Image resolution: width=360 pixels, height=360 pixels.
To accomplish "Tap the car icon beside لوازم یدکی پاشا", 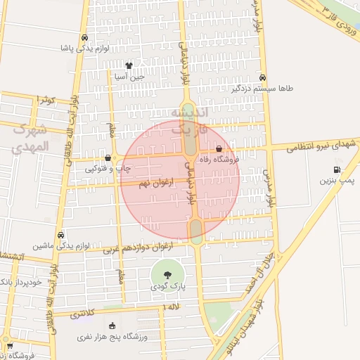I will pyautogui.click(x=84, y=37).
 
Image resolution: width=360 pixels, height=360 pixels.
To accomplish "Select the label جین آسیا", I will pyautogui.click(x=130, y=75).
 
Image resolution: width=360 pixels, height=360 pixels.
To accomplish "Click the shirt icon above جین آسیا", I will pyautogui.click(x=129, y=65).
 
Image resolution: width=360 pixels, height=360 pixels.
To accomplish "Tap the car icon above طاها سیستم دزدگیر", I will pyautogui.click(x=262, y=78).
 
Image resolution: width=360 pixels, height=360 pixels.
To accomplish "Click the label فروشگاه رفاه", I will pyautogui.click(x=219, y=160).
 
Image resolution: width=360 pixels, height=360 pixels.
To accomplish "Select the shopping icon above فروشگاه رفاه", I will pyautogui.click(x=219, y=149).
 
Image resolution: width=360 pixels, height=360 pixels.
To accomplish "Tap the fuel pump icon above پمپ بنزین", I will pyautogui.click(x=337, y=169).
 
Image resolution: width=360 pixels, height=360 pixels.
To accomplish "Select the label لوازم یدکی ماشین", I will pyautogui.click(x=62, y=246).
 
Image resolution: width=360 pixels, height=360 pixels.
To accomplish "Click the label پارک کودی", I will pyautogui.click(x=167, y=287).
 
